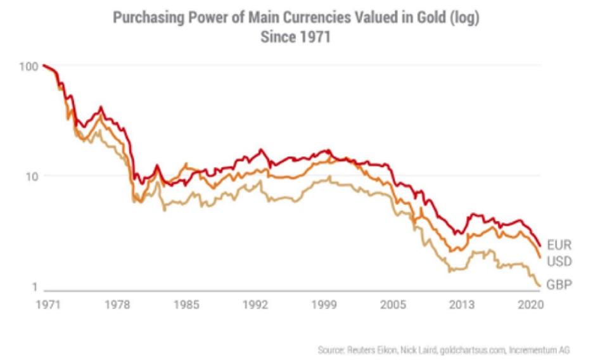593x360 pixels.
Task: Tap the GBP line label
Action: click(559, 285)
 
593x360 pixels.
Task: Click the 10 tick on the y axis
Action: click(30, 176)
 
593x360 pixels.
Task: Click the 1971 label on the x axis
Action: click(48, 304)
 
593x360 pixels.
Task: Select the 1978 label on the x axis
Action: click(118, 304)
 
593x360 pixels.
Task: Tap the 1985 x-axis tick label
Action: click(188, 304)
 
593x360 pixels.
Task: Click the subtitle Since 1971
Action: click(296, 37)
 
